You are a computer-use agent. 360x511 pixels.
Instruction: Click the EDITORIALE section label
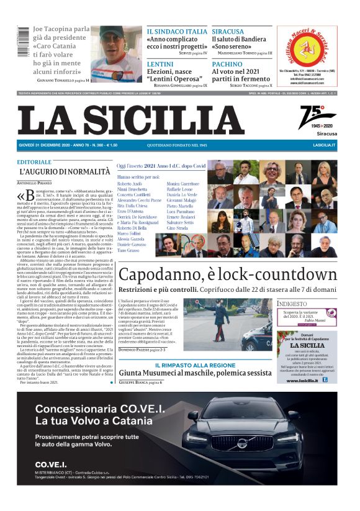[35, 161]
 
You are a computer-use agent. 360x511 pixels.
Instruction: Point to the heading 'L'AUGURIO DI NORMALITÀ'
[65, 171]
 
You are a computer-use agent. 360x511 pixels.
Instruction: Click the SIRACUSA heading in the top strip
[227, 31]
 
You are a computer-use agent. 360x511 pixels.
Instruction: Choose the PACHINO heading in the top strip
[227, 64]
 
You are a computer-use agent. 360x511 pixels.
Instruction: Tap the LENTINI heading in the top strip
[160, 64]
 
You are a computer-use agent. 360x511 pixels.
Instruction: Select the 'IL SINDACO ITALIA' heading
[177, 31]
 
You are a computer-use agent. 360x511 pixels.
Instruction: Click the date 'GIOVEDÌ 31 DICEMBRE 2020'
[47, 145]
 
